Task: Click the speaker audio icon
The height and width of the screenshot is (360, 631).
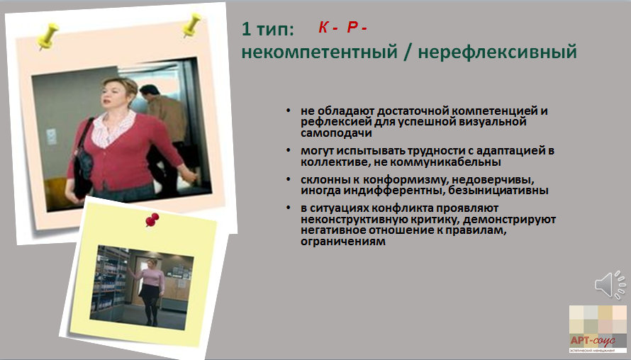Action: tap(610, 284)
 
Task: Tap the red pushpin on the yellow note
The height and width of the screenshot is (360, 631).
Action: tap(152, 220)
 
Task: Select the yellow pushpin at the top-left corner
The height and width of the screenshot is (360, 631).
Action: tap(48, 36)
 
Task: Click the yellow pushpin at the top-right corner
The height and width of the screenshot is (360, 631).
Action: tap(191, 25)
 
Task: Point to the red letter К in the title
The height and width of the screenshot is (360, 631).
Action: tap(323, 27)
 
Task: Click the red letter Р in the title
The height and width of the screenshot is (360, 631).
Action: tap(352, 27)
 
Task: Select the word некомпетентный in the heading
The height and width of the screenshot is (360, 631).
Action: tap(319, 52)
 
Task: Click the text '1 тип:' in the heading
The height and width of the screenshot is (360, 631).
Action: tap(267, 28)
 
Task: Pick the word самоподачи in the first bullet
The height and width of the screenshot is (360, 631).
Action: tap(336, 133)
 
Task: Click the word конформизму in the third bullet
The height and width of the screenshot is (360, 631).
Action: tap(407, 179)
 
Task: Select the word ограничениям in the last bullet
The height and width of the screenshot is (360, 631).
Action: tap(343, 242)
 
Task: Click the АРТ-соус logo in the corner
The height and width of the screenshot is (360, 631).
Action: tap(598, 329)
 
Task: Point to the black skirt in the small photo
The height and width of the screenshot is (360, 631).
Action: tap(150, 292)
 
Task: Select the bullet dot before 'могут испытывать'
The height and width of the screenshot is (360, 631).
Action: tap(288, 150)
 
